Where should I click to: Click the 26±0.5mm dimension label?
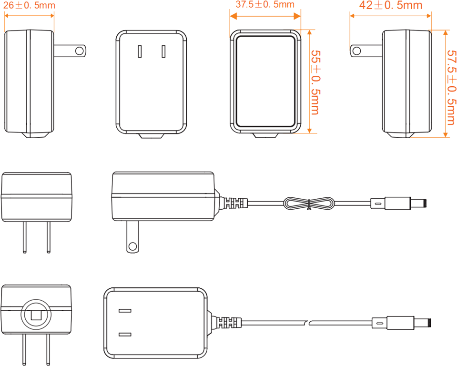tap(29, 6)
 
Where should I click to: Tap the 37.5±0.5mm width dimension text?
tap(265, 5)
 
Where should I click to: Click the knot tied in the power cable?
tap(308, 203)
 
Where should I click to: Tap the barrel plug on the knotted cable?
tap(399, 203)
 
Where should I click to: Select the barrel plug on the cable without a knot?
tap(403, 323)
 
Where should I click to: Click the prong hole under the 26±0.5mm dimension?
tap(80, 50)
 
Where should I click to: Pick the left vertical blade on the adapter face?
tap(140, 51)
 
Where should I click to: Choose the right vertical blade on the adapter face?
tap(163, 51)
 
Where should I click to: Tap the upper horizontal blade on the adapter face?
tap(125, 311)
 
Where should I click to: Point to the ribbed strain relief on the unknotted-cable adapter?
tap(229, 323)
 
